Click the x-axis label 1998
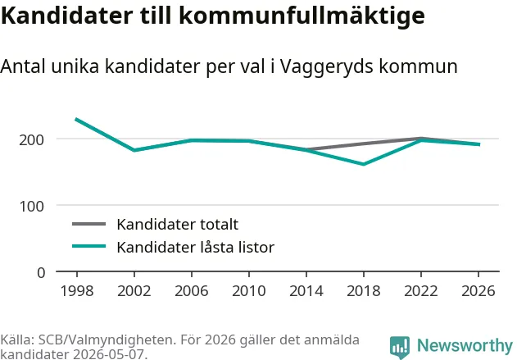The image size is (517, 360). click(77, 290)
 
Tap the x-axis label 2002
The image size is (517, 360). click(134, 290)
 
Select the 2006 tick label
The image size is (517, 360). click(192, 290)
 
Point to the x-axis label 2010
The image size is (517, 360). click(249, 290)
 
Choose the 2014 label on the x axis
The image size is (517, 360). click(306, 290)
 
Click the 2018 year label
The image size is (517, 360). click(364, 290)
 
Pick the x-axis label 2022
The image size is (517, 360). click(421, 290)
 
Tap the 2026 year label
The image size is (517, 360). click(478, 290)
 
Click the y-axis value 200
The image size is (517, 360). click(31, 140)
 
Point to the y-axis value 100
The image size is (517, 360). click(31, 206)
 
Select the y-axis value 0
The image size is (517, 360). click(41, 273)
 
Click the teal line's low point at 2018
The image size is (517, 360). click(364, 164)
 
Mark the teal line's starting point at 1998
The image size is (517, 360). click(76, 119)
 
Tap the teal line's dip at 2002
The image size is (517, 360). click(134, 150)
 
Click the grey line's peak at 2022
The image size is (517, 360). click(421, 139)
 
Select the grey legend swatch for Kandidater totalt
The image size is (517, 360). click(89, 224)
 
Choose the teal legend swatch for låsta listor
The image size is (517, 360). click(89, 246)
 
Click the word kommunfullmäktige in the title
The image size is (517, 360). click(302, 16)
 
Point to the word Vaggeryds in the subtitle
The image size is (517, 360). click(327, 66)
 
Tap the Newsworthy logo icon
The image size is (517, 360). click(400, 348)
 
